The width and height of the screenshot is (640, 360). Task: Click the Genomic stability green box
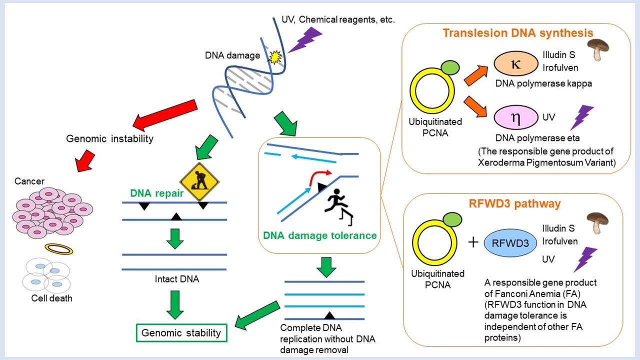point(181,332)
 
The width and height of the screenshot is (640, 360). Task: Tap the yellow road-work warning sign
point(200,181)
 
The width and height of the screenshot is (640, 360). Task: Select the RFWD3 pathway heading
point(515,203)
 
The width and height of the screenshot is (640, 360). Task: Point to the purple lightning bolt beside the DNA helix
point(305,39)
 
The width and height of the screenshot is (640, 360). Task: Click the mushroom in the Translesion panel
point(594,50)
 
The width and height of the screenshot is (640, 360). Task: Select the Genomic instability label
point(109,138)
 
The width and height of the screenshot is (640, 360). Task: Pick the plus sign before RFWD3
point(473,242)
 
